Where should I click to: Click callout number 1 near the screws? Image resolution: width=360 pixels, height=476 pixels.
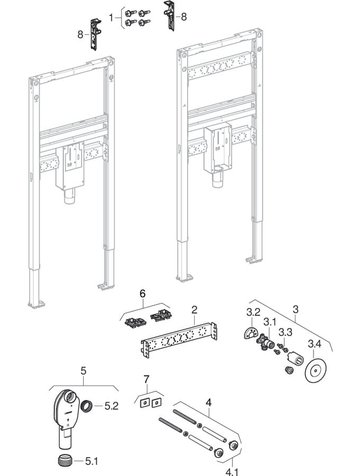111,17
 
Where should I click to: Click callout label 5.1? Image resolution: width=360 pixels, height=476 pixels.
92,461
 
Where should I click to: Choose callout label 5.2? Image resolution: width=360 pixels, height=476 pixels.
111,406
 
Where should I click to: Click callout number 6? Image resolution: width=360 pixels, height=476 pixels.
142,292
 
